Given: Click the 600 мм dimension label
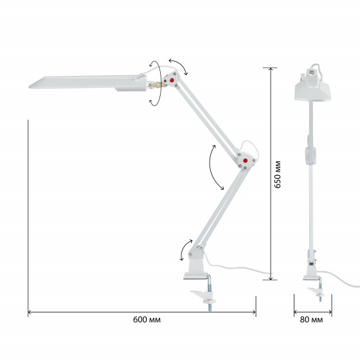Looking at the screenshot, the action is point(147,319).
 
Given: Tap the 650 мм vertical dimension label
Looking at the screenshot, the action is point(278,174).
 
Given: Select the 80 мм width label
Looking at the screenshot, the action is point(311,319).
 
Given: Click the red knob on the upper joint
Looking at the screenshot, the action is point(172,80).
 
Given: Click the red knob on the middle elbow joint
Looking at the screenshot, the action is point(245,161).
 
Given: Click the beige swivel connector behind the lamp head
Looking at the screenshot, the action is point(157,85).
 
